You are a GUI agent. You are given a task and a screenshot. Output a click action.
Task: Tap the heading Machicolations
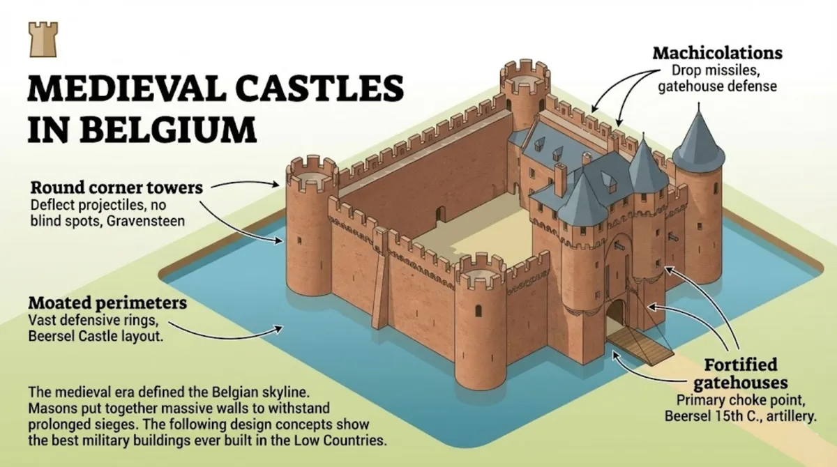717,54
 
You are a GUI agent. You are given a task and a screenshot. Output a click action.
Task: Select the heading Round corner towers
116,187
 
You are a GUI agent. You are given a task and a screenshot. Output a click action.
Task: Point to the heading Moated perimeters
107,304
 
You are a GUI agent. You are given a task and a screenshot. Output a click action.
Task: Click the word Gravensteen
149,221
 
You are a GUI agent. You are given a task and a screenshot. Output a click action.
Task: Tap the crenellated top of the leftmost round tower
311,174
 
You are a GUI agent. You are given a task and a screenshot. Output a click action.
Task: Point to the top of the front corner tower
481,270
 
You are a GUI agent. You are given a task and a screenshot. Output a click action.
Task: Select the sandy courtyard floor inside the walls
460,237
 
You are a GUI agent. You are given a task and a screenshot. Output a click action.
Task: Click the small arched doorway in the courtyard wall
440,213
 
